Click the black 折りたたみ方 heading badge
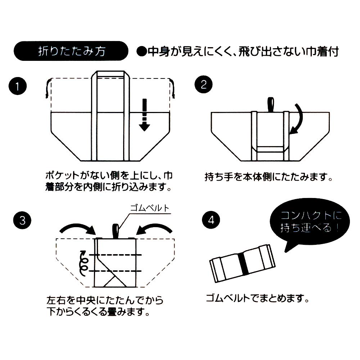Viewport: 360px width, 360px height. click(x=71, y=51)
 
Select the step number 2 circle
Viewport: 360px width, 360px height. click(x=203, y=85)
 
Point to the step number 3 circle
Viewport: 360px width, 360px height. click(x=22, y=220)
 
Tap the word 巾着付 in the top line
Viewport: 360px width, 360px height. click(x=323, y=52)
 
